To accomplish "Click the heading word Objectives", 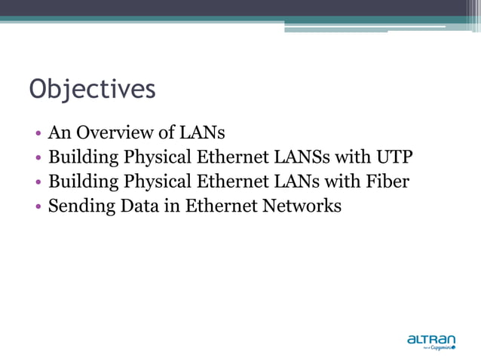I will [x=92, y=90].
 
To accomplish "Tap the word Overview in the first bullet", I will [x=107, y=133].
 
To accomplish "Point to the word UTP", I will [x=395, y=157].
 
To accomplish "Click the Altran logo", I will [x=432, y=342].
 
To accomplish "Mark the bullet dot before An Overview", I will [x=38, y=135].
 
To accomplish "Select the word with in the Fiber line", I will [x=338, y=182].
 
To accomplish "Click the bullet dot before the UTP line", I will [x=38, y=159].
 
